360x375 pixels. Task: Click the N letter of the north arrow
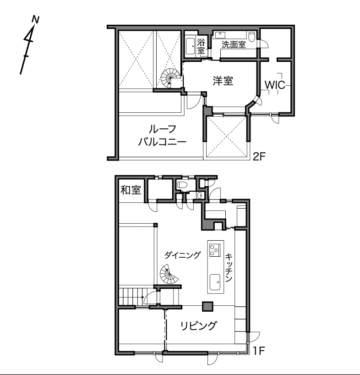[x=36, y=19]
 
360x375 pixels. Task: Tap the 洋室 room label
[x=223, y=81]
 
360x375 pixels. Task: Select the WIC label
[x=275, y=85]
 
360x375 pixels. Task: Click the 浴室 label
[x=201, y=46]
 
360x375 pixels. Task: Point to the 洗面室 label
[x=234, y=45]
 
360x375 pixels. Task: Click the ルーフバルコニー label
[x=162, y=135]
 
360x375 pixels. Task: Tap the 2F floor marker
[x=259, y=157]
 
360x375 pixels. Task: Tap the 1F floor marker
[x=259, y=351]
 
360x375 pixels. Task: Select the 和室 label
[x=131, y=190]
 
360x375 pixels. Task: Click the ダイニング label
[x=182, y=255]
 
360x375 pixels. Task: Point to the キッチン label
[x=229, y=267]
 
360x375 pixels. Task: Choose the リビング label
[x=199, y=326]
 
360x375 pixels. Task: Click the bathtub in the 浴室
[x=191, y=46]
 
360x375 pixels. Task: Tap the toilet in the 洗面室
[x=251, y=37]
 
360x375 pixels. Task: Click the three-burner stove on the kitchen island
[x=214, y=249]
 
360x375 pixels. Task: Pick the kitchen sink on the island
[x=215, y=282]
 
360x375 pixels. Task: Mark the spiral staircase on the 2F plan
[x=170, y=77]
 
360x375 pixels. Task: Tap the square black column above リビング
[x=207, y=306]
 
